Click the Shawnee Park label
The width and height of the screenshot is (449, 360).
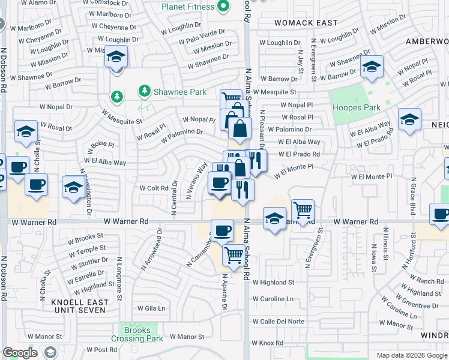click(x=179, y=92)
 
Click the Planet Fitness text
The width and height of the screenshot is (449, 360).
click(x=187, y=7)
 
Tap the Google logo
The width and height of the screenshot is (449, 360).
click(x=20, y=353)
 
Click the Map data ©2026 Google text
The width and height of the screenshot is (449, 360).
click(x=411, y=355)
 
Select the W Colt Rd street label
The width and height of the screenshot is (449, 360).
click(x=153, y=188)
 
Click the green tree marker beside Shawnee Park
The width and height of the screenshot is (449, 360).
click(x=144, y=91)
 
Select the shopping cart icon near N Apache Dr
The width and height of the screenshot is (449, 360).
click(x=233, y=255)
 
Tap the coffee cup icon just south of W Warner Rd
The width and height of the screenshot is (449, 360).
click(x=222, y=230)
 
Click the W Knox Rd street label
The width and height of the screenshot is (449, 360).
click(x=267, y=343)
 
